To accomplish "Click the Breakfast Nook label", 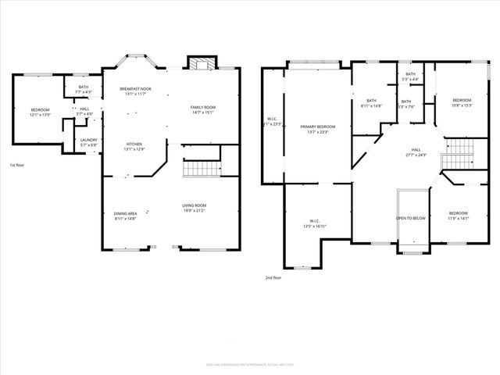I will click(x=135, y=89).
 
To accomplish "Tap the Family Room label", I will click(x=203, y=107).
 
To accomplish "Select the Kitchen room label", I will click(x=135, y=144).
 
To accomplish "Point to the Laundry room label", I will click(x=89, y=140).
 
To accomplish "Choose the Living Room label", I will click(x=195, y=205).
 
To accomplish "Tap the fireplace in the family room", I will click(x=199, y=63).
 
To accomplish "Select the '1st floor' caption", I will click(x=16, y=166).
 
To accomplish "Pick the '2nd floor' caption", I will click(x=272, y=278).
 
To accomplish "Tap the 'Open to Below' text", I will click(x=410, y=218).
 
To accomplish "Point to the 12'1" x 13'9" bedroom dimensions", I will click(x=40, y=115).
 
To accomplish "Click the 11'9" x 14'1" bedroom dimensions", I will click(x=458, y=219).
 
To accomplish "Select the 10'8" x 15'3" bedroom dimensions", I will click(x=462, y=105).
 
